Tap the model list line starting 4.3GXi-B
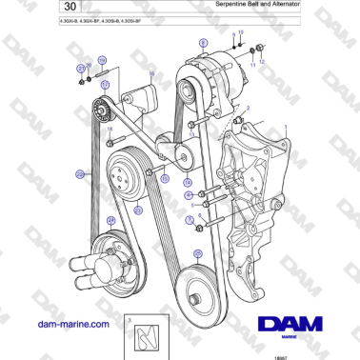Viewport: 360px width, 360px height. [x=100, y=23]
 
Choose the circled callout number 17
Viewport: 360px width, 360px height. [x=106, y=84]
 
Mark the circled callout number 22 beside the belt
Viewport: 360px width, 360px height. [x=80, y=173]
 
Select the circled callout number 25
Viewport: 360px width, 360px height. [x=197, y=253]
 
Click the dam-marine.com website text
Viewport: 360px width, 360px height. [x=70, y=325]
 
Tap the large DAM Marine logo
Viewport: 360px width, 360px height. [x=294, y=303]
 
